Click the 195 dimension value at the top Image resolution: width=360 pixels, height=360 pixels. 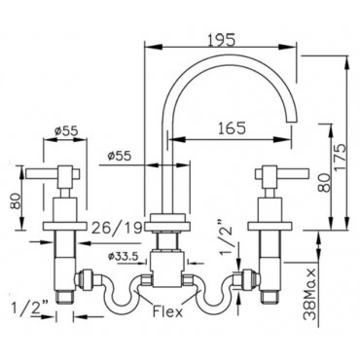click(x=221, y=40)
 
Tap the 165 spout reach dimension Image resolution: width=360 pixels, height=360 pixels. click(x=232, y=128)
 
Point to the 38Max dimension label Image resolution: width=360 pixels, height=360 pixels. click(x=310, y=293)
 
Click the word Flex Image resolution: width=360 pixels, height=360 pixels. click(x=167, y=312)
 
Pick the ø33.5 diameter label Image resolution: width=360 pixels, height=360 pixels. click(x=123, y=257)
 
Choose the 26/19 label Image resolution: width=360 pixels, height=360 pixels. click(x=117, y=229)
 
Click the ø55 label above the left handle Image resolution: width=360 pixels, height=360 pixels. click(x=66, y=130)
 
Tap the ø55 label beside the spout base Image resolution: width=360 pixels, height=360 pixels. click(x=120, y=156)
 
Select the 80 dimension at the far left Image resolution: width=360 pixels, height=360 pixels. click(x=16, y=201)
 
